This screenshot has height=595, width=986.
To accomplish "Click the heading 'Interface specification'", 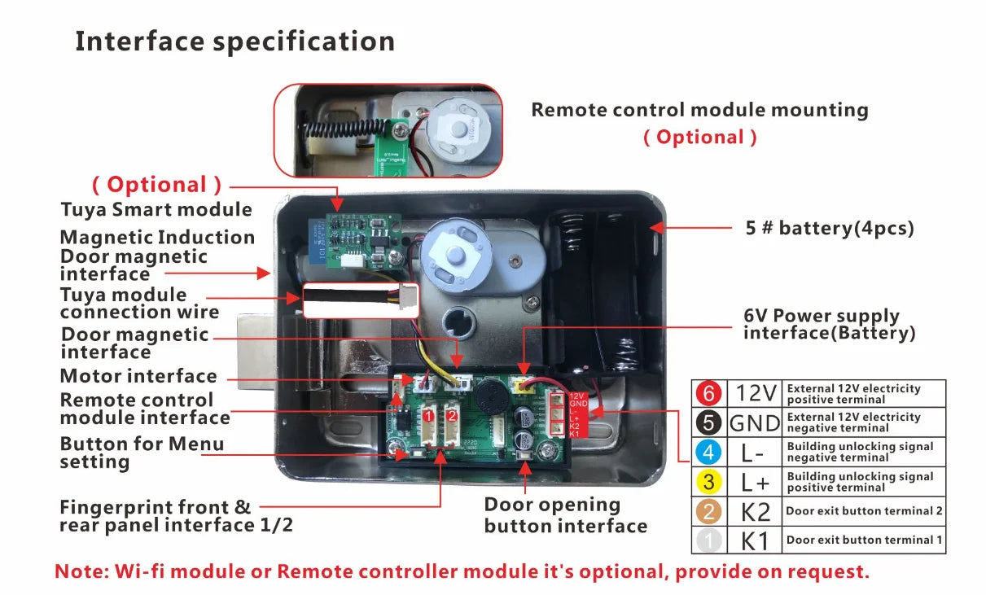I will tap(234, 41).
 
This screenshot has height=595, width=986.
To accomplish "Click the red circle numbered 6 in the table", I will tap(708, 394).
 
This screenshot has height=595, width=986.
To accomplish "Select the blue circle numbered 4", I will tap(708, 452).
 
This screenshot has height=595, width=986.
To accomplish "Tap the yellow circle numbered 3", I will tap(708, 482).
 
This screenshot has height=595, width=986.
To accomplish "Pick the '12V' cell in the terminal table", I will tap(756, 394).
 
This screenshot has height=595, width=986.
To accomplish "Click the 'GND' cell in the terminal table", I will tap(755, 423).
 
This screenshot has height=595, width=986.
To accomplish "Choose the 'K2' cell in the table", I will tap(755, 511).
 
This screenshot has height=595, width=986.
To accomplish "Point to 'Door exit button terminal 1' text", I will tap(864, 540).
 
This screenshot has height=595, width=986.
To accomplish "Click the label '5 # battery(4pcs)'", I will tap(830, 228).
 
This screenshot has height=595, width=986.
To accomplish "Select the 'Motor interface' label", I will tap(138, 376).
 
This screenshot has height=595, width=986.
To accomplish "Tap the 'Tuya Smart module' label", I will tap(156, 209).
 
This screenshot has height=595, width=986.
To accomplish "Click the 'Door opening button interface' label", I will tap(565, 515).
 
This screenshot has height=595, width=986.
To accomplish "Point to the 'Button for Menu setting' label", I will tap(141, 453).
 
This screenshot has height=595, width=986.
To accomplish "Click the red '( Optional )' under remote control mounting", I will tap(699, 137).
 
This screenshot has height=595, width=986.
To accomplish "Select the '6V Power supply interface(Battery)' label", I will tap(828, 324).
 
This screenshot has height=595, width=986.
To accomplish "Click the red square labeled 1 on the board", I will tap(427, 416).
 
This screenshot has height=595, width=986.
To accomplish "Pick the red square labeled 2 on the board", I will tap(451, 416).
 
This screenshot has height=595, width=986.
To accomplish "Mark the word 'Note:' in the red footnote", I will tap(80, 571).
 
